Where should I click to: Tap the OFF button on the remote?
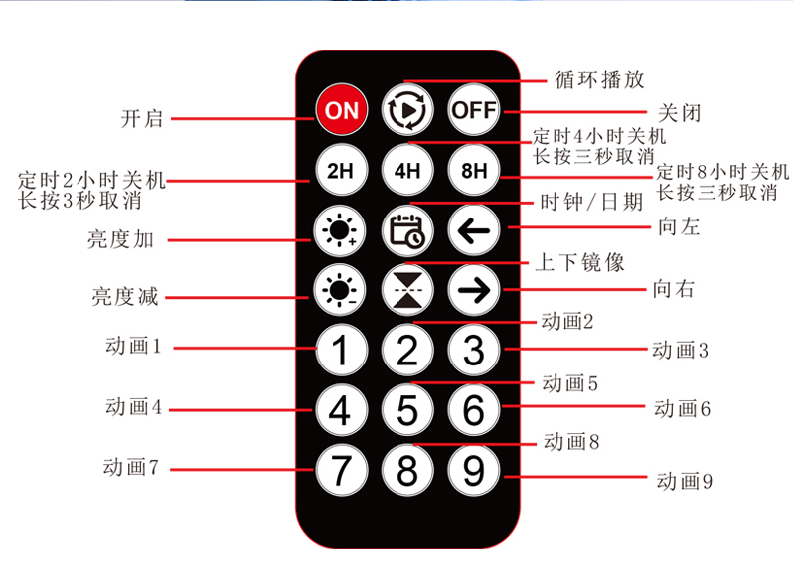click(474, 110)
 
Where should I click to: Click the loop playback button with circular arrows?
click(407, 110)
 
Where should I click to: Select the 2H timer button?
click(341, 170)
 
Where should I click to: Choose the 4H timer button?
click(407, 170)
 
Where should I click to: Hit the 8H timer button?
click(474, 170)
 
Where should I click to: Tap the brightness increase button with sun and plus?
click(340, 230)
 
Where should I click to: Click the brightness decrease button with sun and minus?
click(340, 290)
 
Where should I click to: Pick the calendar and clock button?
click(407, 230)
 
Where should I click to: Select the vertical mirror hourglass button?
click(407, 290)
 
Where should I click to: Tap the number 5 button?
click(407, 410)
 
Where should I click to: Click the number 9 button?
click(474, 470)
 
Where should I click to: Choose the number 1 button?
click(341, 350)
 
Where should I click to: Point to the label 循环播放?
click(599, 79)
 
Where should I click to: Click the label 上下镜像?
click(580, 262)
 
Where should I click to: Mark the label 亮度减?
click(125, 296)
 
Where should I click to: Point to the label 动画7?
click(131, 467)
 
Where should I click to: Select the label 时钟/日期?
click(591, 202)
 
